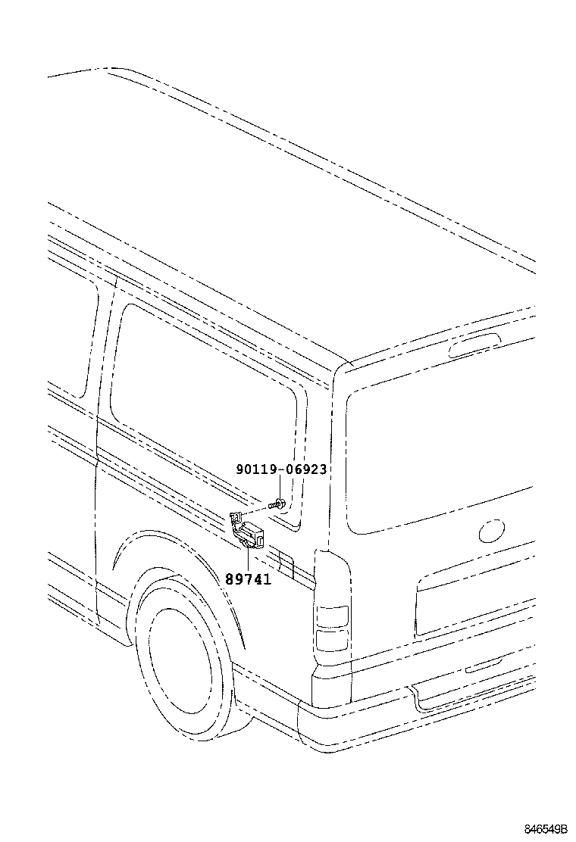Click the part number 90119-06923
point(281,469)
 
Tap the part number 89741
point(248,579)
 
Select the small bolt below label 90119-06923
point(280,502)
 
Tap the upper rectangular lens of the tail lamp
point(332,615)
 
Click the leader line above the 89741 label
point(248,558)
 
